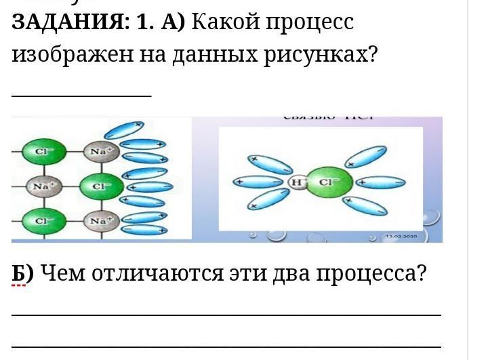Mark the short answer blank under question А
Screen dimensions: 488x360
(x=81, y=95)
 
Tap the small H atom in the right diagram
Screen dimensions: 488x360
(x=296, y=182)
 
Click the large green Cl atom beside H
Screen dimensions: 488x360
(x=328, y=182)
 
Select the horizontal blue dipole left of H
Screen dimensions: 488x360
(x=258, y=182)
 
